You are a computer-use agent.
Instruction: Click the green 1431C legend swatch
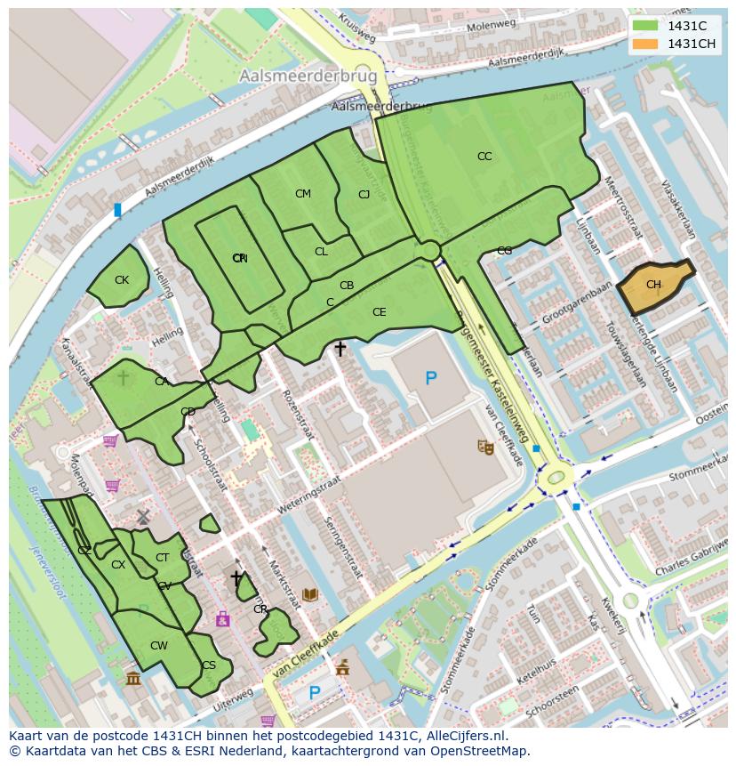[x=645, y=26]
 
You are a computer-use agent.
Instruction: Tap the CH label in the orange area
[x=653, y=285]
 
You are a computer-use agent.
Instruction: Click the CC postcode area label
[x=484, y=157]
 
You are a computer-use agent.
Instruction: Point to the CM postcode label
[x=303, y=194]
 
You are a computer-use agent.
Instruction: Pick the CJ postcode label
[x=364, y=195]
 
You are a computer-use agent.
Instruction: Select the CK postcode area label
[x=122, y=280]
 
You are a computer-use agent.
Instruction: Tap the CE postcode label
[x=380, y=312]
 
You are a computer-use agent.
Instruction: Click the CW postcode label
[x=158, y=646]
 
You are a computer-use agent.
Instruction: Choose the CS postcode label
[x=209, y=665]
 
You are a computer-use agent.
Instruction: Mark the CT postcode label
[x=162, y=558]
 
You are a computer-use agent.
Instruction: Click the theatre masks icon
[x=485, y=447]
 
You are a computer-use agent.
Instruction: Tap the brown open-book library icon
[x=310, y=593]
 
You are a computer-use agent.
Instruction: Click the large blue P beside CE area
[x=431, y=379]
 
